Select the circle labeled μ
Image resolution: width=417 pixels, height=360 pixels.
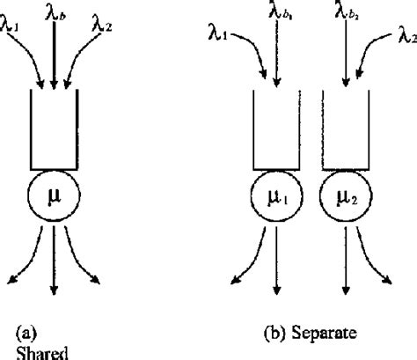55,191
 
